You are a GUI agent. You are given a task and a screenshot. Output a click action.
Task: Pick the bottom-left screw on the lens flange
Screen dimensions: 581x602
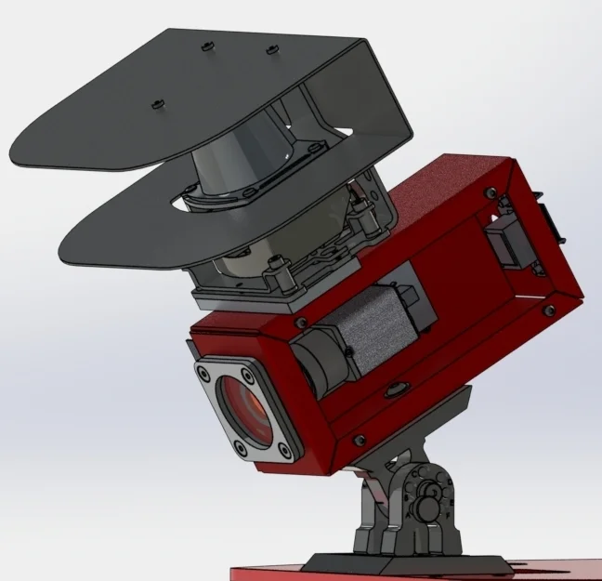coord(242,446)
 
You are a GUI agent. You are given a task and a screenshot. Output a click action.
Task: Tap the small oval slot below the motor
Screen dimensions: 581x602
coord(394,389)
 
